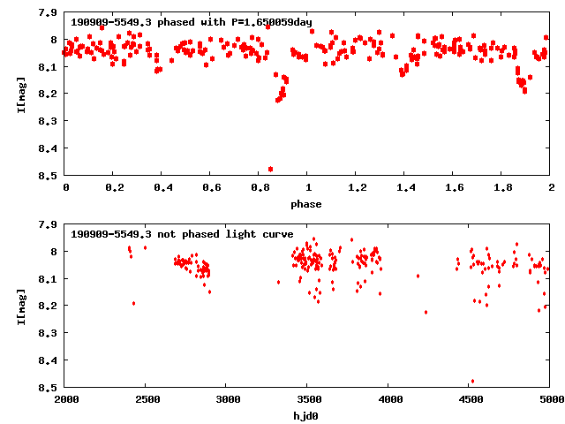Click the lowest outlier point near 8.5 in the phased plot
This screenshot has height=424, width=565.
[x=270, y=169]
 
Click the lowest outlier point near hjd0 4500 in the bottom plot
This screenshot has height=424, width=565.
[x=472, y=382]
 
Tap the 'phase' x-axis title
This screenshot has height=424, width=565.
[x=308, y=204]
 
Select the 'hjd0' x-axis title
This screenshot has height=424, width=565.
[x=308, y=416]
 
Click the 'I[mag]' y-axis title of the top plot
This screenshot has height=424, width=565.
[x=20, y=95]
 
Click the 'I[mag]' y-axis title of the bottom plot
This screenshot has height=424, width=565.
[x=20, y=307]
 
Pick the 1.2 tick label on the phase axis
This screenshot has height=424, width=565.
[x=357, y=189]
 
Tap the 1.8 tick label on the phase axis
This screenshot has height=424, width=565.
[x=502, y=189]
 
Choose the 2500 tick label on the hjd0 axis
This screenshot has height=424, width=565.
[x=147, y=401]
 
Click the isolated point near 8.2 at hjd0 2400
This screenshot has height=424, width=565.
[x=133, y=303]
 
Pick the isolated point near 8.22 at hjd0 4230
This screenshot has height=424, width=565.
[x=426, y=312]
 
